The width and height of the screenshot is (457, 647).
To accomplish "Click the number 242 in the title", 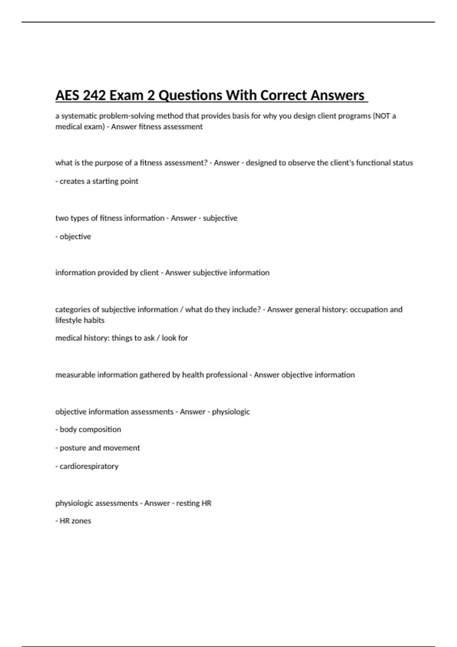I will tap(94, 95).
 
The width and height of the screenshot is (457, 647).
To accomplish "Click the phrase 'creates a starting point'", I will tap(99, 181).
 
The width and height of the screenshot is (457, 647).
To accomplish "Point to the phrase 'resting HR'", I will tap(193, 503).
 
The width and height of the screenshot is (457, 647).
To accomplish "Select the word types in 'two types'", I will tap(79, 218).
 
